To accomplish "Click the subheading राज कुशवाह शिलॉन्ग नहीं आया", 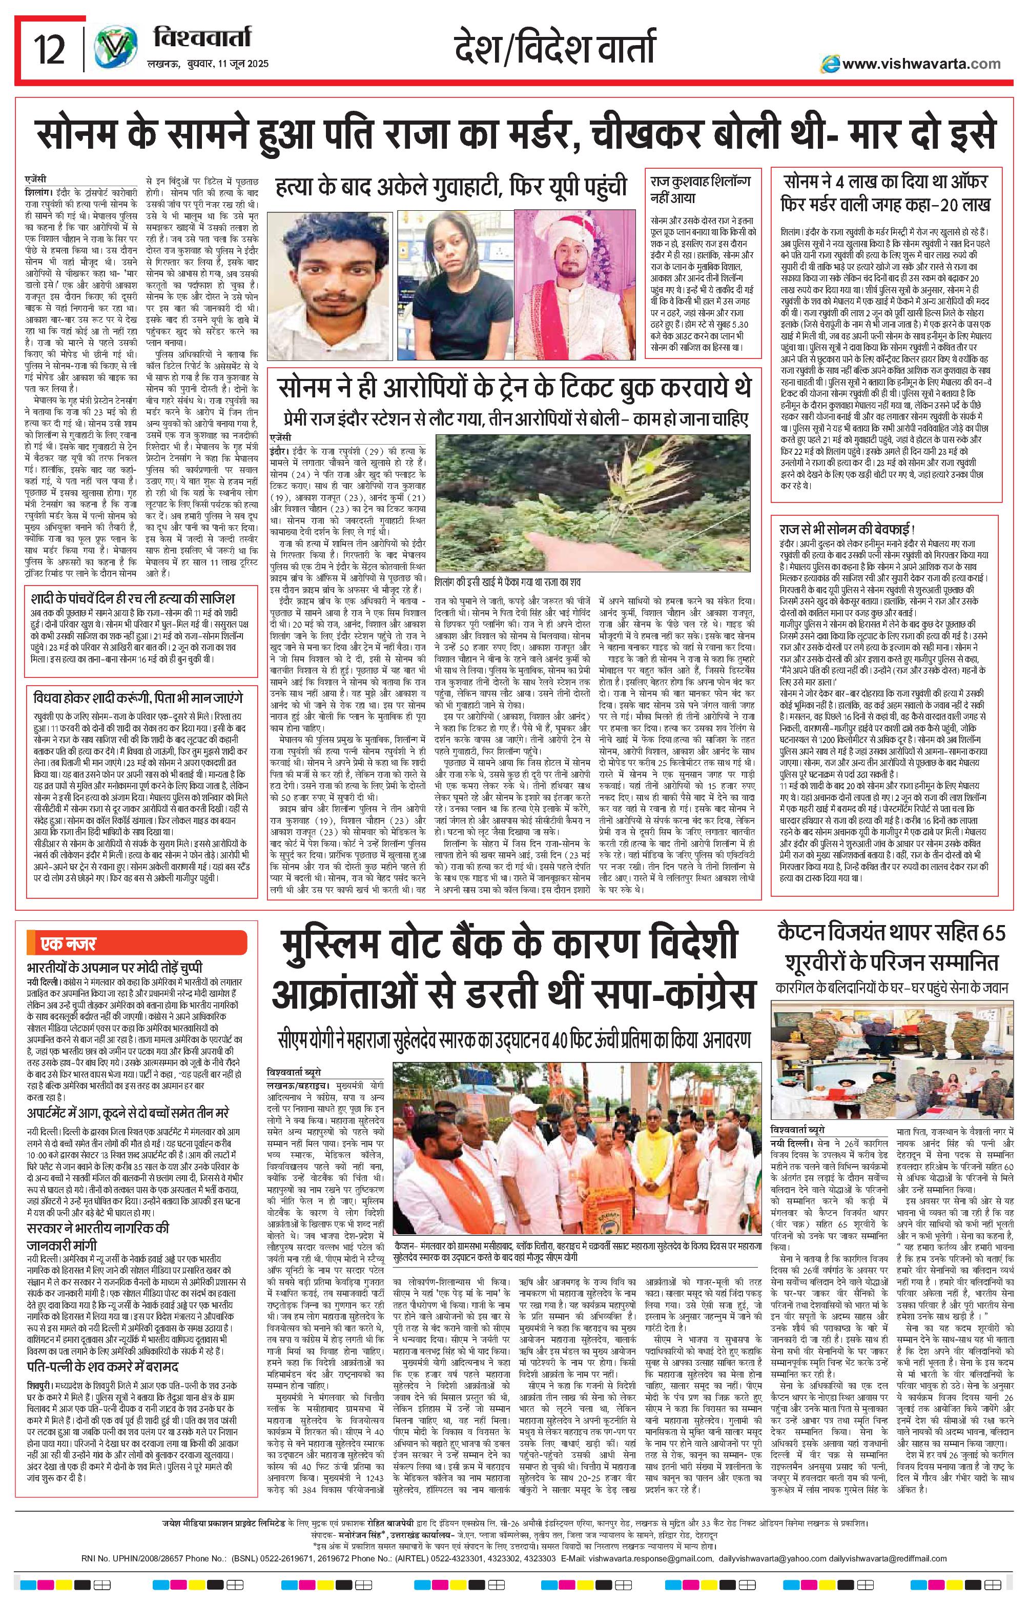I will (x=702, y=189).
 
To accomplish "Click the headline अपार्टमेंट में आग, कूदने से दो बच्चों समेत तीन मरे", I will (x=128, y=1114).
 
